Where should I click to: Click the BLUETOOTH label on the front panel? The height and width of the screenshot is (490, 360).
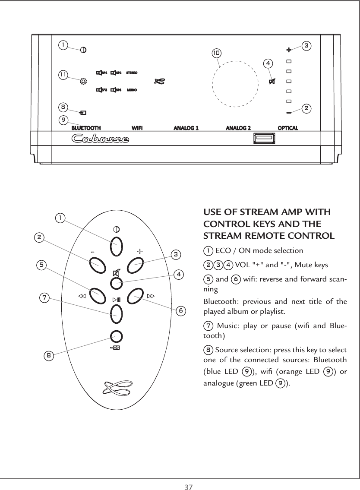[86, 128]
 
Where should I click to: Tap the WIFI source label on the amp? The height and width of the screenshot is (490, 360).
[137, 128]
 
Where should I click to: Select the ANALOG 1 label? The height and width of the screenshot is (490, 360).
[186, 128]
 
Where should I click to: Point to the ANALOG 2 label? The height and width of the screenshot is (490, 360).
[239, 128]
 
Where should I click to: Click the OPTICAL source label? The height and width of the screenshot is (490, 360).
[287, 128]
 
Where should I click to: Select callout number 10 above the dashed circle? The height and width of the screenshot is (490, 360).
[216, 53]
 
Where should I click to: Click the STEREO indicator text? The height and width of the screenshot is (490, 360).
[132, 73]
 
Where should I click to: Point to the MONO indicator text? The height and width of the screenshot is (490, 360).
[132, 90]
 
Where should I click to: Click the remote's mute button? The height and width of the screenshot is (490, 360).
[116, 283]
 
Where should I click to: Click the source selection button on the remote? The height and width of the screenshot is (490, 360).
[116, 336]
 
